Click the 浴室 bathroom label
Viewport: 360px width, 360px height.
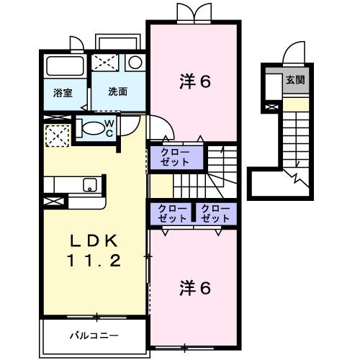pos(63,93)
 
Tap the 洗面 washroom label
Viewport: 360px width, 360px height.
pos(118,93)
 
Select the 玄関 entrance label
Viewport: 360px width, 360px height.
pos(295,79)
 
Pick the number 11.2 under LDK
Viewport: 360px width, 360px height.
pos(94,261)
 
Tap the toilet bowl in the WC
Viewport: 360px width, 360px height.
pos(91,128)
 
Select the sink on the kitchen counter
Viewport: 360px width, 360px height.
pos(90,184)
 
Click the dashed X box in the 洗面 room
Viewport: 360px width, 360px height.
pos(109,63)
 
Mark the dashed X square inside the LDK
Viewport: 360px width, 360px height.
pos(57,135)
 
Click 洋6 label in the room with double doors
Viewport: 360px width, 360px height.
pos(194,81)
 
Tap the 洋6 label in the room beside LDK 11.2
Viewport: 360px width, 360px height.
pos(194,289)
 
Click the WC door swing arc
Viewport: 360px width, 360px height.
pos(125,128)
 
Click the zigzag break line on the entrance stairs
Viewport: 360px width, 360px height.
pos(297,176)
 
